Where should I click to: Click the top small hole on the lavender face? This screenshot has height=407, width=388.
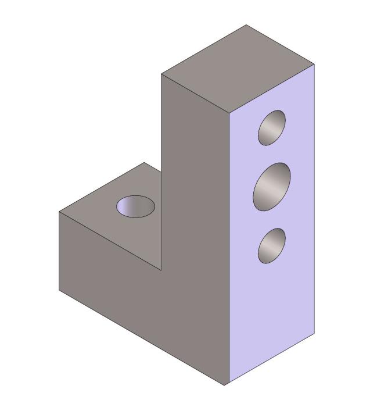pos(272,127)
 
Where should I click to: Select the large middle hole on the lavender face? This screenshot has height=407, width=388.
pos(272,186)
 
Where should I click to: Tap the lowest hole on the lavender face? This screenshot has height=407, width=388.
pos(272,246)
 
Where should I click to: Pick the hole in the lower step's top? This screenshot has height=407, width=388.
pos(135,206)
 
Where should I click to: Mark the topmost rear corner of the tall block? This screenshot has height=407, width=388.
pos(246,25)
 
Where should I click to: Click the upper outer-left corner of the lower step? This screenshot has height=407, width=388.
pos(59,212)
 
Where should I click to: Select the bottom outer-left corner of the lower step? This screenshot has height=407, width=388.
pos(59,289)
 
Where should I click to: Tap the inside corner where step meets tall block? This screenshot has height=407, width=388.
pos(161,270)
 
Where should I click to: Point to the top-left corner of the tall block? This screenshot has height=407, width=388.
pos(161,74)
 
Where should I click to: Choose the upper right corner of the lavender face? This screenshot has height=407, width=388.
pos(314,64)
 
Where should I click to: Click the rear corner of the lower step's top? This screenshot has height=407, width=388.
pos(144,163)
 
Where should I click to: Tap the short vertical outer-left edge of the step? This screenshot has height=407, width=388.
pos(59,250)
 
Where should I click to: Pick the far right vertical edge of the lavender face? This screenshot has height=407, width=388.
pos(314,198)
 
